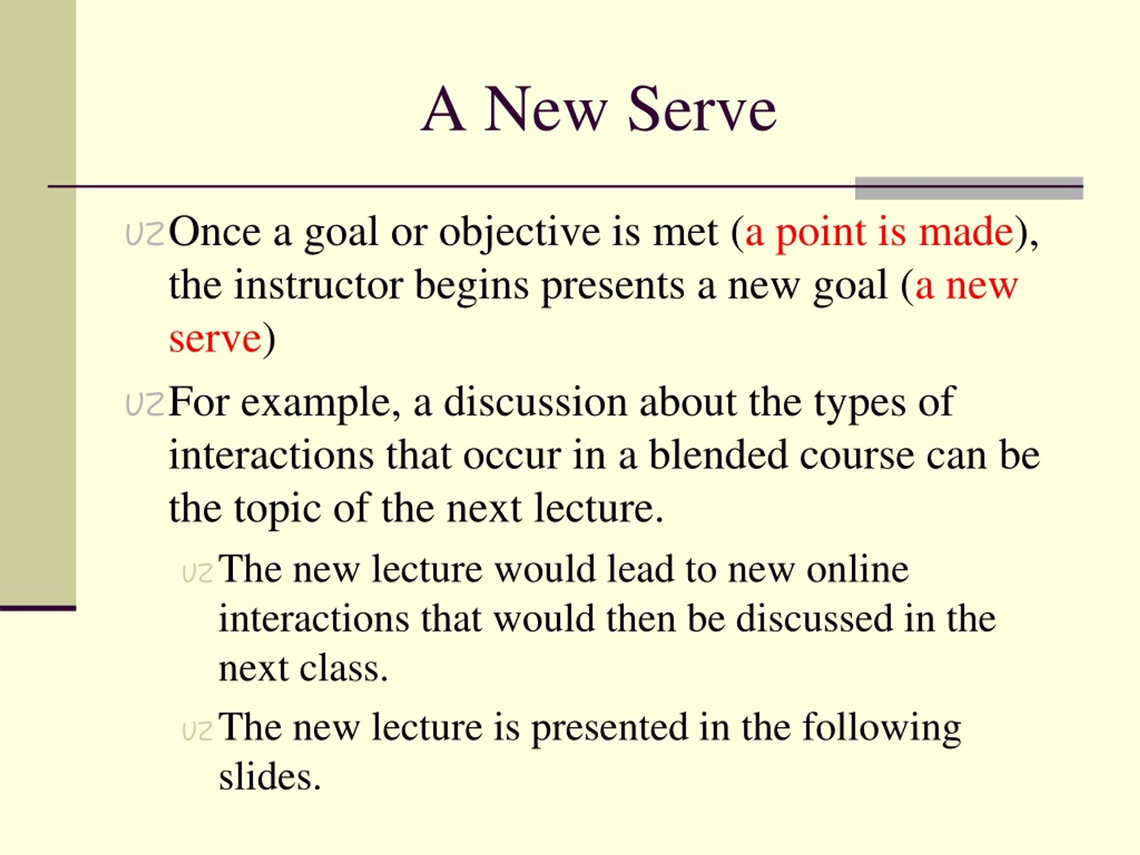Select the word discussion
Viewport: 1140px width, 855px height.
[x=535, y=402]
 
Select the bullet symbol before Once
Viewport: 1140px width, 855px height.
[x=145, y=235]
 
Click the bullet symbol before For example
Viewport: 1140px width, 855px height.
[x=145, y=405]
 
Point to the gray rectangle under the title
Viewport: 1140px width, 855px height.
[x=969, y=188]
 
